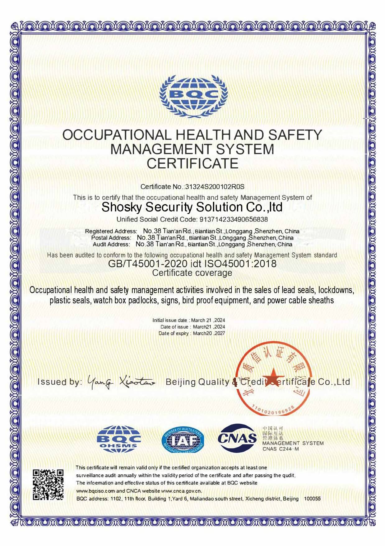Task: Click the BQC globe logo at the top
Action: click(193, 96)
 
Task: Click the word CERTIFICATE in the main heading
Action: click(193, 164)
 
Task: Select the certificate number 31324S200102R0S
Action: click(215, 187)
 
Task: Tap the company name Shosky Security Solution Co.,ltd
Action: click(192, 207)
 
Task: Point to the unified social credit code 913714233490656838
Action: click(233, 220)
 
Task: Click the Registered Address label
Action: click(111, 231)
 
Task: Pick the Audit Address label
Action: click(111, 245)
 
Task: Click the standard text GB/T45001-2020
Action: click(147, 264)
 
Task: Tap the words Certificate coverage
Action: click(192, 273)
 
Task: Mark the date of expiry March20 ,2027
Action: click(209, 333)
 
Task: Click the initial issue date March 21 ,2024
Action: click(208, 320)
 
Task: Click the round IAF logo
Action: click(183, 439)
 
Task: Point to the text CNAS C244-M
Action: click(281, 449)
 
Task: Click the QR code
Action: click(48, 485)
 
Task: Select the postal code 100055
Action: click(312, 499)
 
